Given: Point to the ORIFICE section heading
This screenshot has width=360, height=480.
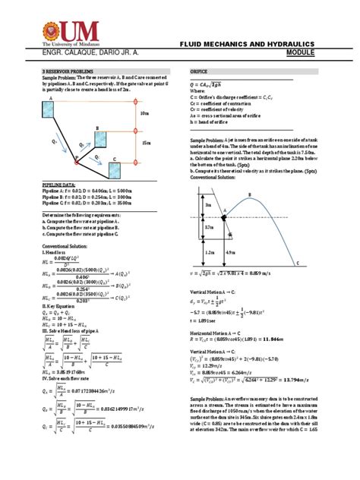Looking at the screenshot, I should point(200,68).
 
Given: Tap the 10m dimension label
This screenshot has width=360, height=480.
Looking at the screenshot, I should point(146,114).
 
